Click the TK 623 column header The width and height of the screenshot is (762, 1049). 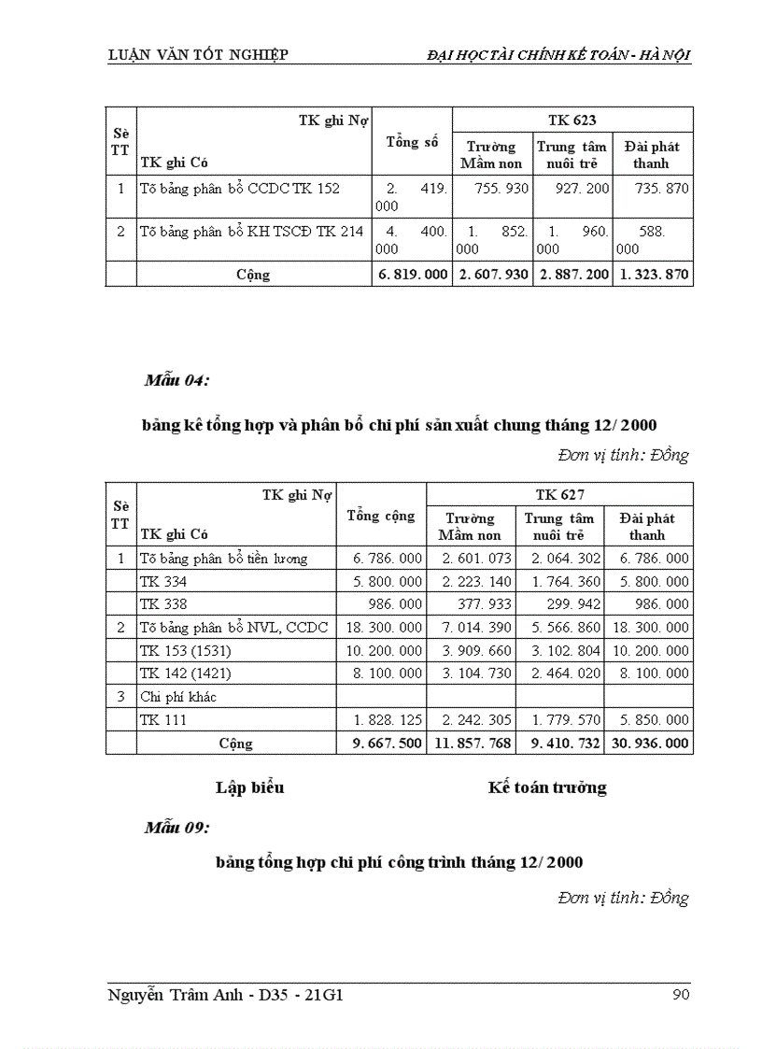[571, 120]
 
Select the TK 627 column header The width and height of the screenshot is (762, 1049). [559, 494]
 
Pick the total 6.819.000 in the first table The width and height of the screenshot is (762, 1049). [412, 275]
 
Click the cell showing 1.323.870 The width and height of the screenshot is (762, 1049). [653, 275]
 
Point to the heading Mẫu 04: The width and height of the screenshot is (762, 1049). [176, 380]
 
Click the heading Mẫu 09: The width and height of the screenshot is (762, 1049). [176, 828]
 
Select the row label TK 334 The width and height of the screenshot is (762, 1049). [163, 581]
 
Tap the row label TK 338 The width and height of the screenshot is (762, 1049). [163, 604]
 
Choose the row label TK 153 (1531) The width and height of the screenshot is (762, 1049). [185, 651]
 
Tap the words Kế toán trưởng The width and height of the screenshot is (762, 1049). [547, 787]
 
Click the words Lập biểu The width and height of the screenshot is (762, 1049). [249, 787]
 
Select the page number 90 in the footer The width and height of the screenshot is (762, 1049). [681, 995]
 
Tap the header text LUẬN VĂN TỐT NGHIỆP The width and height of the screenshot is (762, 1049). [198, 55]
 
